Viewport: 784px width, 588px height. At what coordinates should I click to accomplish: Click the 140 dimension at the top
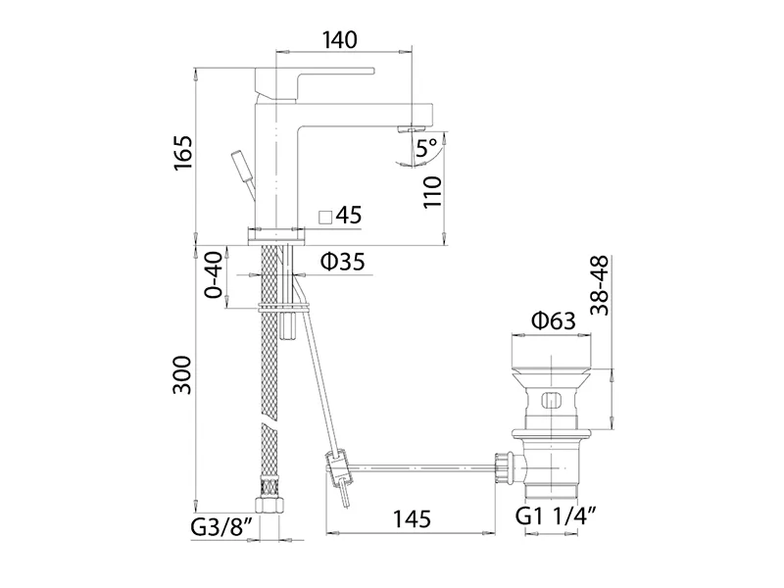click(x=340, y=40)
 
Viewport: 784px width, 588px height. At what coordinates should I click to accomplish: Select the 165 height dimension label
click(x=183, y=154)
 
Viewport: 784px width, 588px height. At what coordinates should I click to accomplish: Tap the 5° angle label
click(x=426, y=149)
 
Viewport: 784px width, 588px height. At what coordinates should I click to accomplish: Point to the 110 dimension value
click(x=432, y=192)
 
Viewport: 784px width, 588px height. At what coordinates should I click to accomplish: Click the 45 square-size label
click(x=349, y=215)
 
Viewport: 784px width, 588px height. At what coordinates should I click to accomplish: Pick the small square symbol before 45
click(x=325, y=217)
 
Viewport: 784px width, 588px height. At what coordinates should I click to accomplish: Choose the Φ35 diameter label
click(x=343, y=261)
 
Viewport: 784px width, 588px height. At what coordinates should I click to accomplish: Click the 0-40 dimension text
click(x=214, y=275)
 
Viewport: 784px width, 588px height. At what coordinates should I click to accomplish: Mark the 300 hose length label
click(x=182, y=375)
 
